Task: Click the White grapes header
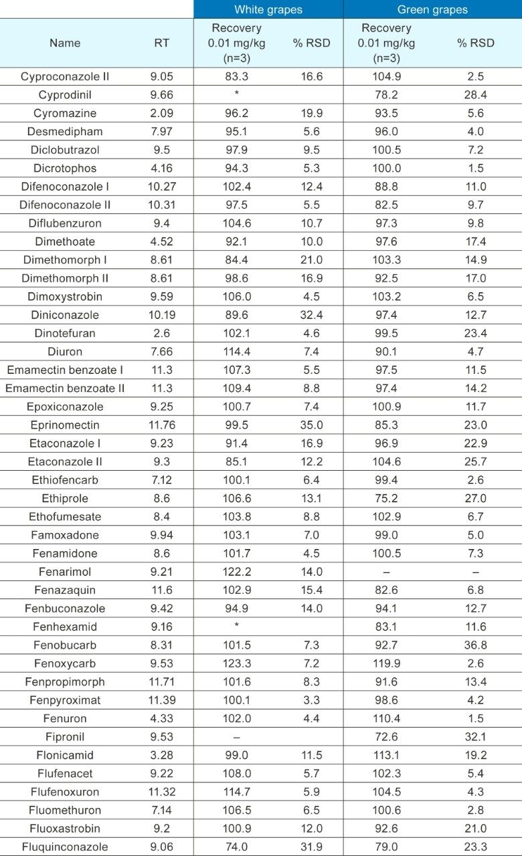coord(268,9)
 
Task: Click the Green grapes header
coord(432,9)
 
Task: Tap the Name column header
coord(65,43)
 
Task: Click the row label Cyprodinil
coord(65,95)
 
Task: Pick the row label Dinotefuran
coord(65,333)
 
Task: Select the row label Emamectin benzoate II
coord(65,388)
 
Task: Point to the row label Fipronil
coord(65,737)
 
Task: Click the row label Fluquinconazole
coord(65,847)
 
